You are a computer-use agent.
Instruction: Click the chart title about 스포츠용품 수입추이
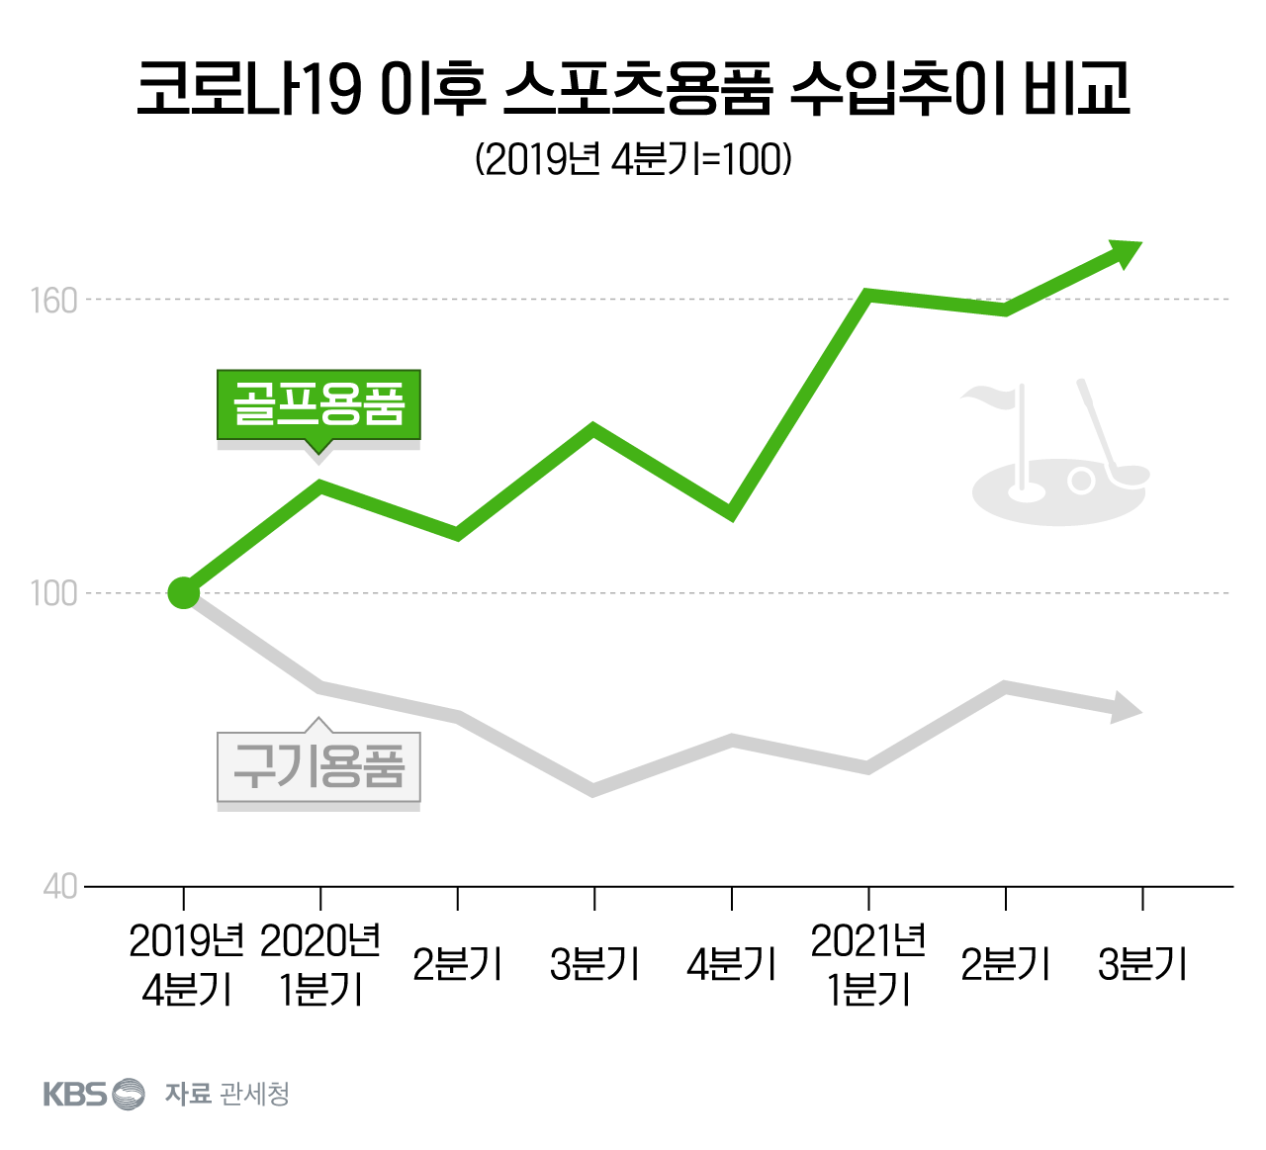[632, 88]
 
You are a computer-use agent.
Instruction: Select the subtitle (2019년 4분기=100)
[633, 159]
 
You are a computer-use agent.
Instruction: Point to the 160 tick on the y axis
[54, 301]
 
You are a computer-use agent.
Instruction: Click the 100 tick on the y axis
[54, 594]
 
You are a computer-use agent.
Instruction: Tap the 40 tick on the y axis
[60, 887]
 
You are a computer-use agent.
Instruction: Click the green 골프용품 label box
[318, 404]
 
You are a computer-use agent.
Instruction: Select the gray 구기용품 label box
[318, 766]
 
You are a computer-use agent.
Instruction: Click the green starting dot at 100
[184, 592]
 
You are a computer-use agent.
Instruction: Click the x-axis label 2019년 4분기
[186, 966]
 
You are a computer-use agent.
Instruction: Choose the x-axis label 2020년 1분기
[320, 966]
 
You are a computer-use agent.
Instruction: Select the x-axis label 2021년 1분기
[867, 966]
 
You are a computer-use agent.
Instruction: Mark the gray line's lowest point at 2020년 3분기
[593, 791]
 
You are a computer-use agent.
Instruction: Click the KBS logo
[94, 1094]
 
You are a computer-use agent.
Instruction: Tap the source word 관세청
[254, 1094]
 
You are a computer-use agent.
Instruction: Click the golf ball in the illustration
[1080, 482]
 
